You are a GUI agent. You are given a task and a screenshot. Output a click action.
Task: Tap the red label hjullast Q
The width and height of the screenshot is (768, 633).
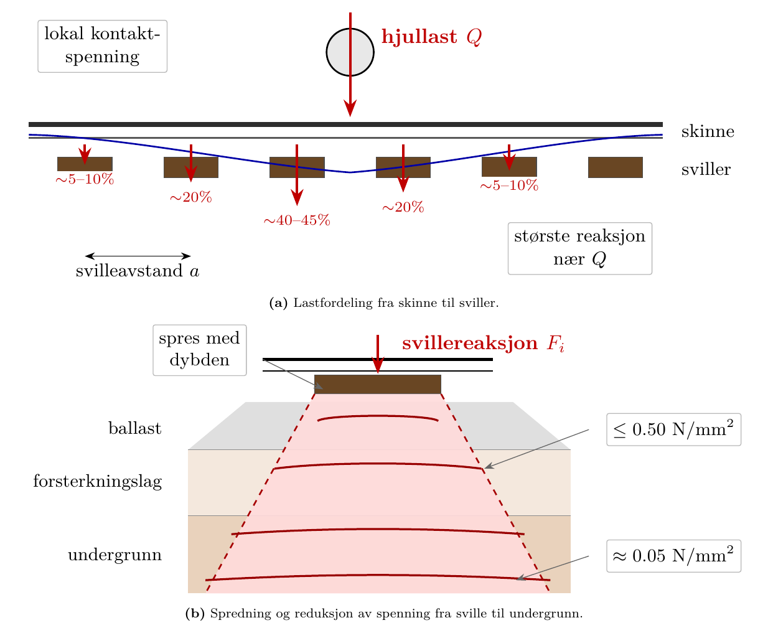[431, 37]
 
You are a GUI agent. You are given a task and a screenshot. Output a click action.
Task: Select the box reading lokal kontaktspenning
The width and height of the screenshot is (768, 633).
[102, 46]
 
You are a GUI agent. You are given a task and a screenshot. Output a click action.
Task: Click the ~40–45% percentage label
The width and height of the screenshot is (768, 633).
[297, 220]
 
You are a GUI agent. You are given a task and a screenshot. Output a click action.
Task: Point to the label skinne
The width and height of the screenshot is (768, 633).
[707, 131]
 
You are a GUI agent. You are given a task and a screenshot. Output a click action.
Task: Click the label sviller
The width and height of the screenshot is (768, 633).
[706, 169]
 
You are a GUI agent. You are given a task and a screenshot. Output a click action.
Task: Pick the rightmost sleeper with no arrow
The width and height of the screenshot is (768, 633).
[616, 167]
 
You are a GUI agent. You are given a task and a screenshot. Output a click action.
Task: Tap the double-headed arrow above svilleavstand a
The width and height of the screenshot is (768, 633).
[138, 256]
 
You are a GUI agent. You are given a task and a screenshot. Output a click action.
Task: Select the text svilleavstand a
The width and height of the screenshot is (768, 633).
[137, 271]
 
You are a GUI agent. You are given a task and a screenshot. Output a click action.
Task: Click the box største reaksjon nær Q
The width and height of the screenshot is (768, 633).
[579, 248]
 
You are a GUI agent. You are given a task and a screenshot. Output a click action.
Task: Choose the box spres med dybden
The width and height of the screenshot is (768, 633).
[199, 350]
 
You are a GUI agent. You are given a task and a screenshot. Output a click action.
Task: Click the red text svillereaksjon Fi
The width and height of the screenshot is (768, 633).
[483, 343]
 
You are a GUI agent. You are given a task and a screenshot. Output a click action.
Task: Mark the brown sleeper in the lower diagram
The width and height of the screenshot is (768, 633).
[377, 385]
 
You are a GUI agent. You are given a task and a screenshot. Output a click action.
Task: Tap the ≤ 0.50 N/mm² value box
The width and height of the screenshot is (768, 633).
[673, 429]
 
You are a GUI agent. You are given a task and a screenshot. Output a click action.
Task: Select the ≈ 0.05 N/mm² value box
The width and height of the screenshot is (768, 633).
[673, 556]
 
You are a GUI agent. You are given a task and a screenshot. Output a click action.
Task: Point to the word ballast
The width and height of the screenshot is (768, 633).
[134, 428]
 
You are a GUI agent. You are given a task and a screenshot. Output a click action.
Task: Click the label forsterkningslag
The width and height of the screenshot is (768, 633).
[98, 481]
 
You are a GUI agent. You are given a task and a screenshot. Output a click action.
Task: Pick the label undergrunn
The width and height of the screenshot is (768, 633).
[115, 555]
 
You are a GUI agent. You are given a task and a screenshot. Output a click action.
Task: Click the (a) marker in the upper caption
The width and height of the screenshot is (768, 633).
[278, 302]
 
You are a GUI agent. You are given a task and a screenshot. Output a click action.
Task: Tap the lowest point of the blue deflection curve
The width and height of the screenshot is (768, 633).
[350, 172]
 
